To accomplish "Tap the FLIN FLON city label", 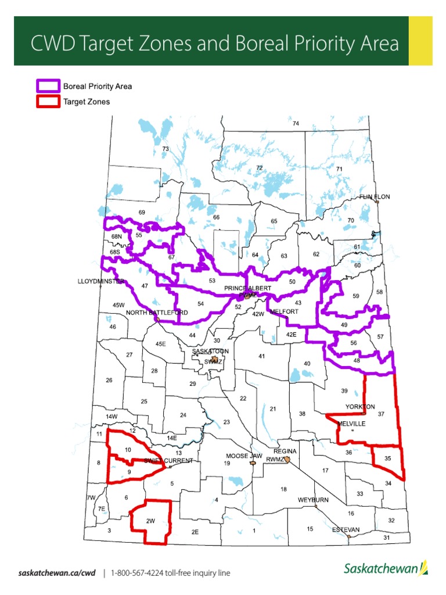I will (375, 197).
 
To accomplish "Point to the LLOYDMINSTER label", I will (101, 281).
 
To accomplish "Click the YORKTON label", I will (360, 406).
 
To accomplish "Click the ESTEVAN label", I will (346, 529).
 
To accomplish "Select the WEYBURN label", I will (314, 500).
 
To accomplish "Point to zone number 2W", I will (150, 521).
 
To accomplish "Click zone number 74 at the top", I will (296, 124).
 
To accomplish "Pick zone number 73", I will (165, 149).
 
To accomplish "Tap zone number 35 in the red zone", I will (387, 458).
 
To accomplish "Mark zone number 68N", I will (116, 236).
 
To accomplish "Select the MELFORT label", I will (284, 311).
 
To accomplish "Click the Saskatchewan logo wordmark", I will (380, 568).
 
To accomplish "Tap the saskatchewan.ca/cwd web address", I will (56, 573).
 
